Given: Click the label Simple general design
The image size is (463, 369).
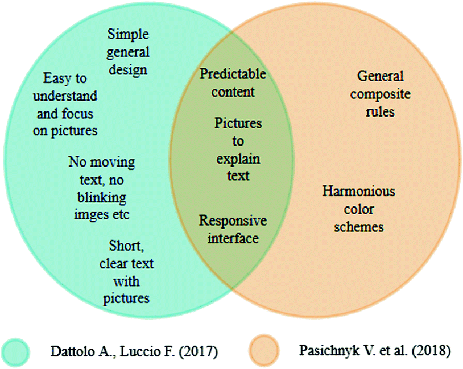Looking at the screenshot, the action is (128, 52).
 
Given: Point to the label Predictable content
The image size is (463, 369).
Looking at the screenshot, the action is (233, 83).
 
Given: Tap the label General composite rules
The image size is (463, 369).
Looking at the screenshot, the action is (380, 93).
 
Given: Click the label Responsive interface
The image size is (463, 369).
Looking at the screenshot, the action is (233, 229).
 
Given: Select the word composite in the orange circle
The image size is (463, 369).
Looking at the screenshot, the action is (380, 94).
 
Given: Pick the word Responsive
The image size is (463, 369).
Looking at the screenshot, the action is (233, 221).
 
